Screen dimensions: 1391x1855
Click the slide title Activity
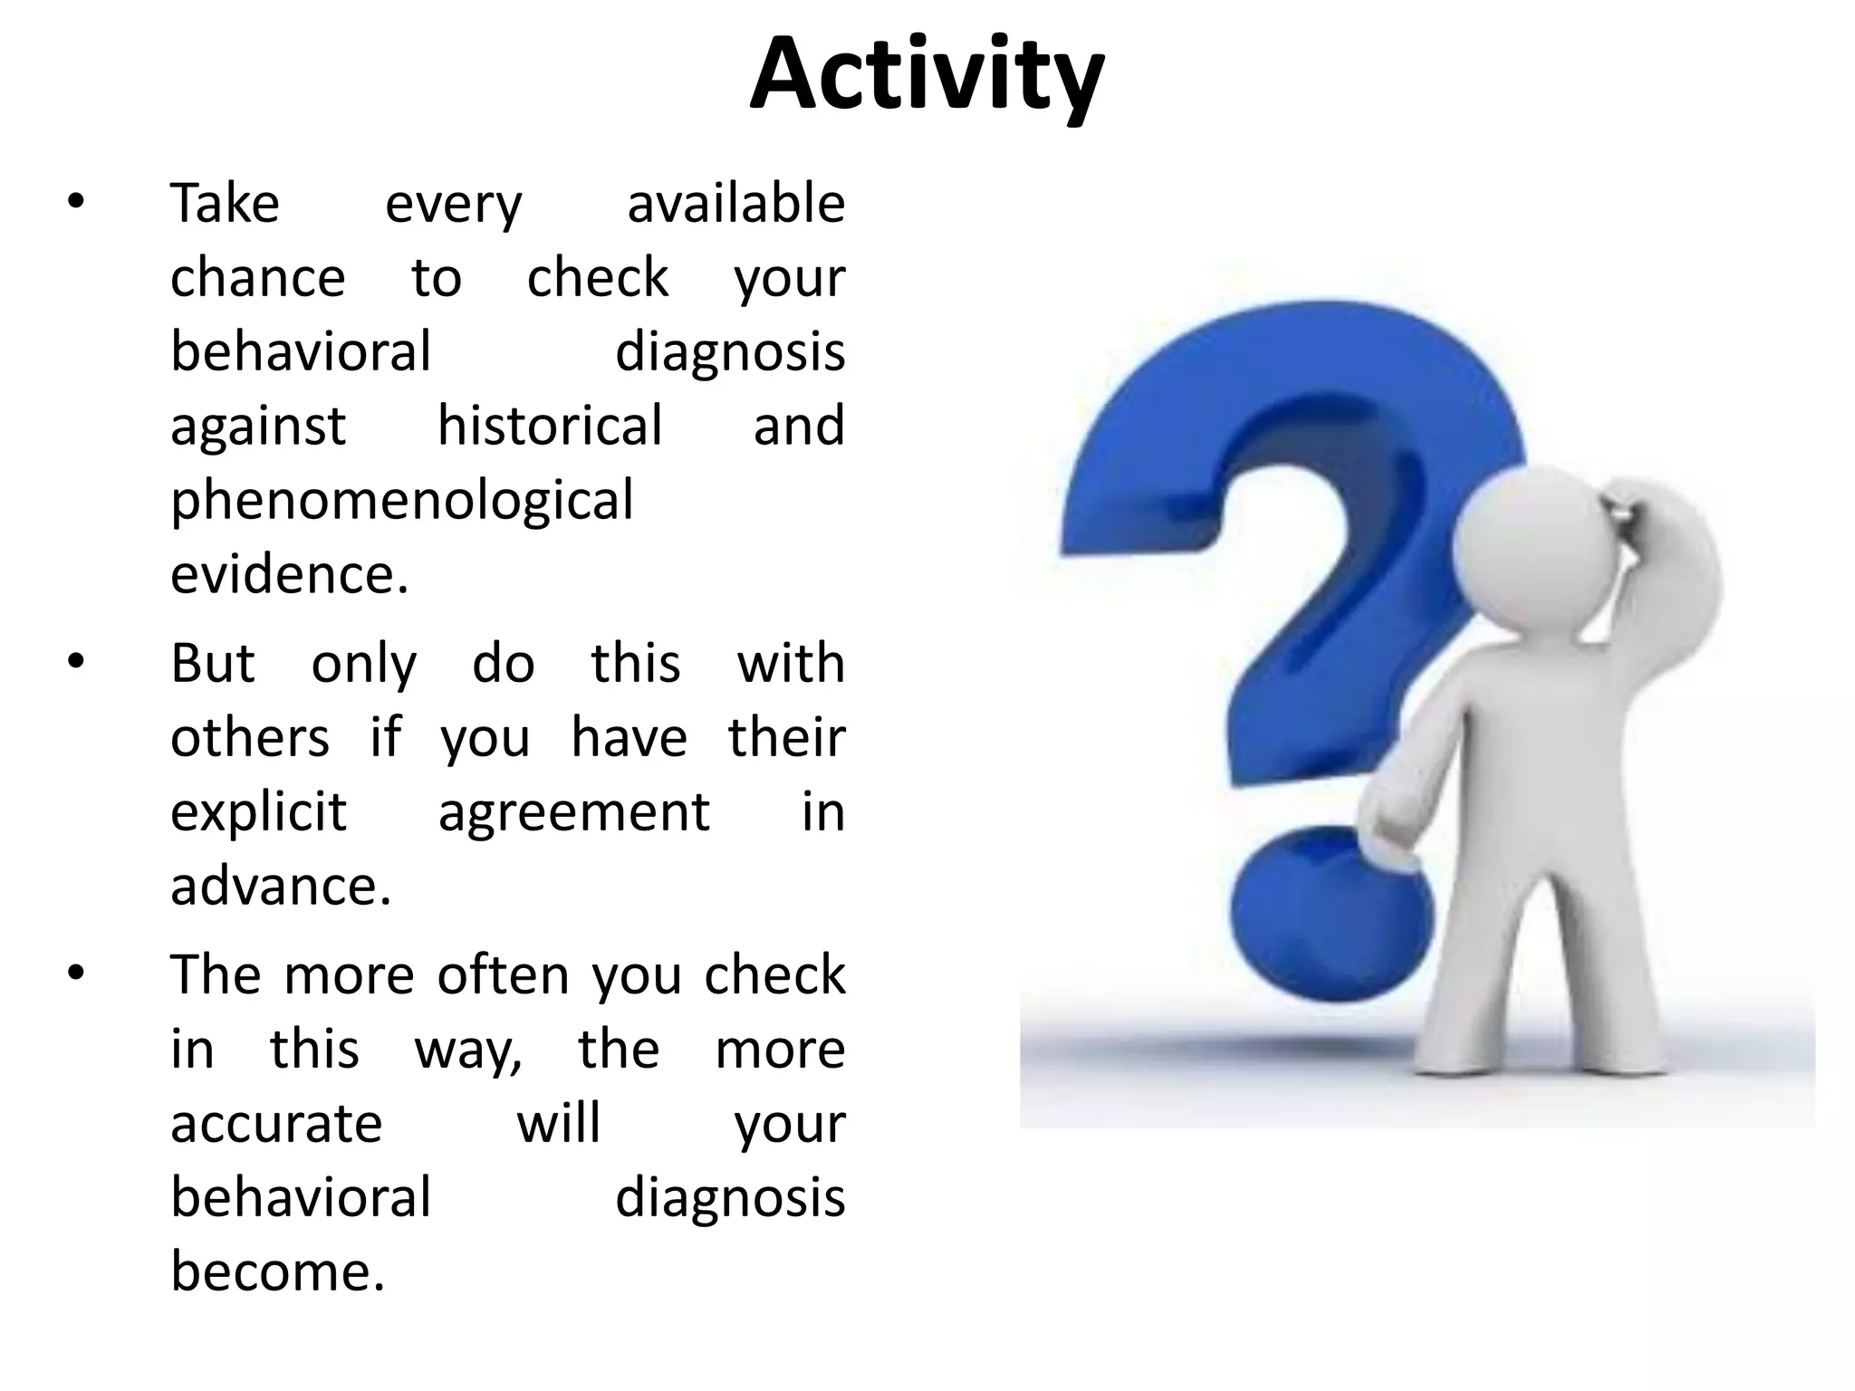point(927,76)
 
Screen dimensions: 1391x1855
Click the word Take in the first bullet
point(225,203)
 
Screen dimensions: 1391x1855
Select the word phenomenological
point(401,501)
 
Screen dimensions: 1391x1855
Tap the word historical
point(550,426)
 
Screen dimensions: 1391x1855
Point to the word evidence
point(290,574)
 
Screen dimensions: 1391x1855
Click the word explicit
point(258,811)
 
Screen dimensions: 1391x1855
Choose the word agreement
point(574,813)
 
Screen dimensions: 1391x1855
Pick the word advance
point(281,886)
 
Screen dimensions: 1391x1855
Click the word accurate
point(276,1124)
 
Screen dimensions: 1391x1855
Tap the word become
point(278,1271)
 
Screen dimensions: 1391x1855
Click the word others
point(250,737)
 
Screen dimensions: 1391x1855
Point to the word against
point(258,427)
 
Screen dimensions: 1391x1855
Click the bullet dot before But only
point(76,663)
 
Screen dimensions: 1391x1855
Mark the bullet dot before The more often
point(76,974)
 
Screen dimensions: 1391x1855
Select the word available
point(735,203)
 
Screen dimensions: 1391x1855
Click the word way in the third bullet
point(468,1051)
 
